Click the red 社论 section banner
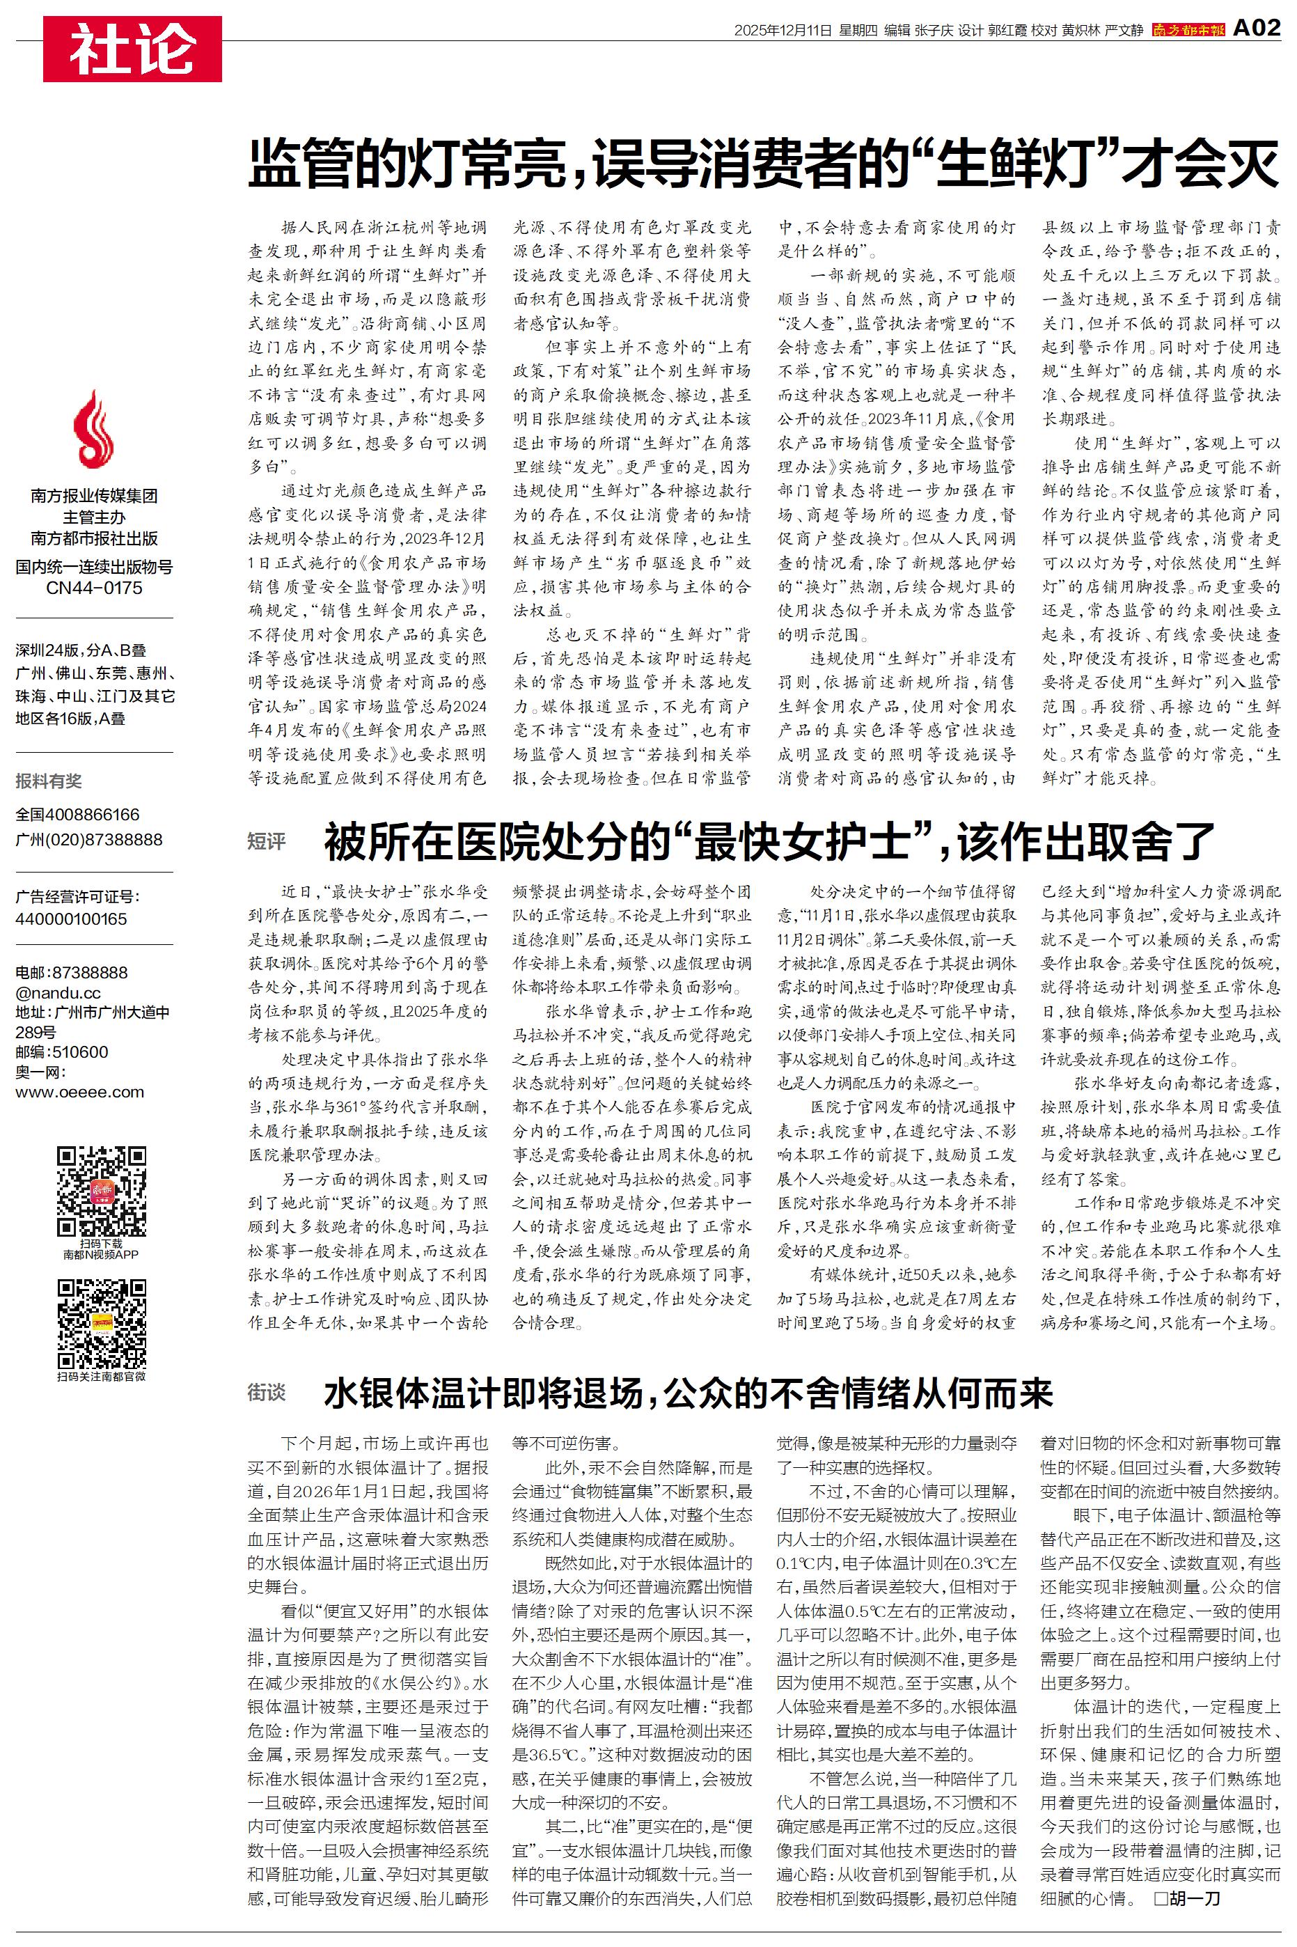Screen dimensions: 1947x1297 coord(132,49)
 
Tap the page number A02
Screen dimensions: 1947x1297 coord(1257,29)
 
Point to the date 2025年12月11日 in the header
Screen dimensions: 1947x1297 coord(783,31)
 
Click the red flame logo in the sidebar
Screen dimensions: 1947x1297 coord(93,430)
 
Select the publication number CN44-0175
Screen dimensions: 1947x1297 coord(94,588)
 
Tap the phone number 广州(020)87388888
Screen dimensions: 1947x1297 coord(89,840)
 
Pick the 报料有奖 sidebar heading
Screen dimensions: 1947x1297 coord(49,781)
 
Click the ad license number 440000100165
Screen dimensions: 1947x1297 coord(71,919)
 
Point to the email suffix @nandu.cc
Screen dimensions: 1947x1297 coord(58,992)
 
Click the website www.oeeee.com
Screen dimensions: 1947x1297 coord(79,1092)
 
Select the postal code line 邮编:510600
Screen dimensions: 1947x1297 coord(62,1052)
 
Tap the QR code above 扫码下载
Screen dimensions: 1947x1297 coord(101,1191)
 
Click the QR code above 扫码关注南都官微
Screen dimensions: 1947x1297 coord(101,1323)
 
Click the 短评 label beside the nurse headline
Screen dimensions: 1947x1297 coord(267,842)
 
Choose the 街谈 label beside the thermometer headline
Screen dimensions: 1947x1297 coord(267,1393)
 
